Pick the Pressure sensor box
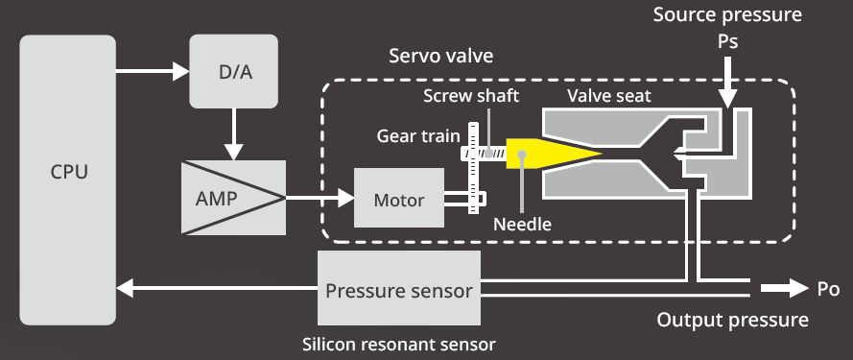click(x=398, y=289)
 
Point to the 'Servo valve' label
click(x=440, y=56)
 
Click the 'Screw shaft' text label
click(x=472, y=97)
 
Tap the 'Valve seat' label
click(x=608, y=97)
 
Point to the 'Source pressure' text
click(x=726, y=15)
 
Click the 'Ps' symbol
click(x=728, y=44)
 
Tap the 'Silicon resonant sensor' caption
click(x=398, y=342)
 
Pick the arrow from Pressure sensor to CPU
click(x=216, y=289)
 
